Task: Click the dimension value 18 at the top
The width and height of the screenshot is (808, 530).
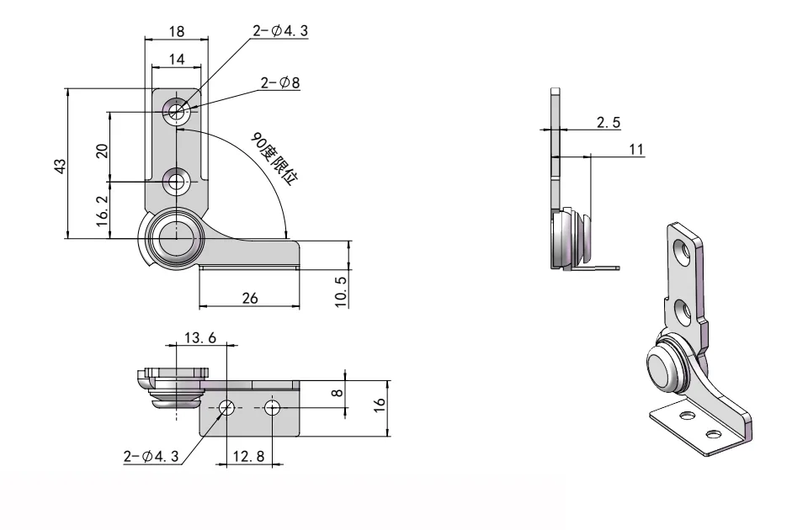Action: coord(177,31)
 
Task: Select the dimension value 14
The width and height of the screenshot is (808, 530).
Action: coord(177,59)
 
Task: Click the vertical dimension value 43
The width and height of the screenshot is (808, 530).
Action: coord(60,166)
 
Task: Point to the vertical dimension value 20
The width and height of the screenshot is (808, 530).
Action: coord(102,151)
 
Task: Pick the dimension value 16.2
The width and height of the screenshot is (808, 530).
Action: coord(102,212)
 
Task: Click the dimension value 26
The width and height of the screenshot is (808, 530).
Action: coord(250,299)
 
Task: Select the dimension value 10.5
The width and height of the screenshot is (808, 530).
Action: coord(341,290)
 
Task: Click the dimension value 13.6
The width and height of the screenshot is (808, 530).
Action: coord(200,337)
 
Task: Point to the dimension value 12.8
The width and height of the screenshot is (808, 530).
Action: coord(249,456)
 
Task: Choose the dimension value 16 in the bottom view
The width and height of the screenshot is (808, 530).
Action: coord(380,404)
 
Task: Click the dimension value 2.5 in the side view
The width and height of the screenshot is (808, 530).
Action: coord(609,122)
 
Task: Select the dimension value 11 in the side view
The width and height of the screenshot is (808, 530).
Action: coord(636,149)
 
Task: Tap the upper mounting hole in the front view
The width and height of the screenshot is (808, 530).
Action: coord(177,110)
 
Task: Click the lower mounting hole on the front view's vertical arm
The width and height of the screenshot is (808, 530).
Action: coord(177,180)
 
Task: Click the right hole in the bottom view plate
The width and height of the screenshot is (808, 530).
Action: coord(272,408)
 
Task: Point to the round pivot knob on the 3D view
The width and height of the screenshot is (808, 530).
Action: coord(662,368)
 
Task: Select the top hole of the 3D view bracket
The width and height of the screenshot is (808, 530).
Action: coord(680,248)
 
